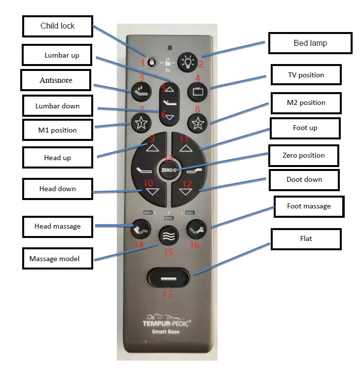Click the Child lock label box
pyautogui.click(x=57, y=26)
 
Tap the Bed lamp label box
pyautogui.click(x=310, y=43)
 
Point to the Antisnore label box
pyautogui.click(x=56, y=80)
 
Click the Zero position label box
pyautogui.click(x=303, y=156)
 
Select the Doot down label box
pyautogui.click(x=304, y=180)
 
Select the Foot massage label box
pyautogui.click(x=309, y=206)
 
